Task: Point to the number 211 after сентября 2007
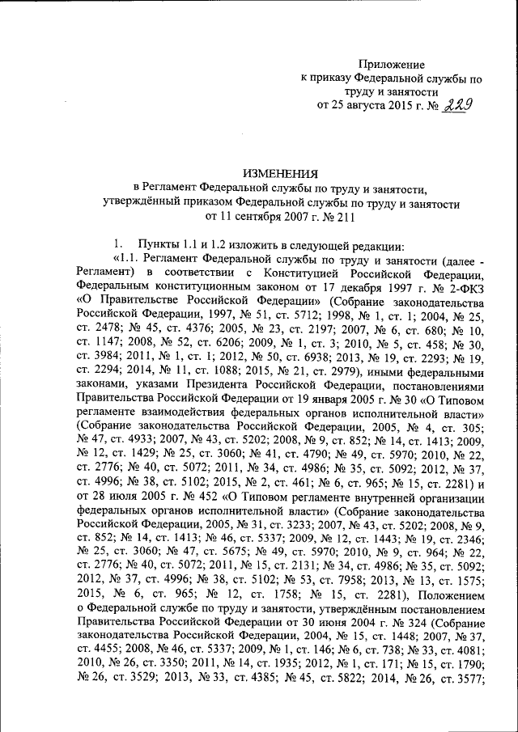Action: [342, 216]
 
